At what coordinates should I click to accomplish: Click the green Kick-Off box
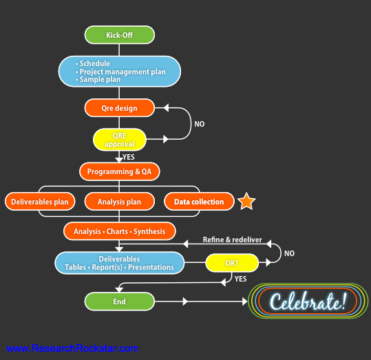tap(120, 35)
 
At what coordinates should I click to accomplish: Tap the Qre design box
tap(120, 108)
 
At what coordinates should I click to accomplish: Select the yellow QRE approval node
tap(120, 140)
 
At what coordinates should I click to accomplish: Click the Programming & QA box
tap(120, 171)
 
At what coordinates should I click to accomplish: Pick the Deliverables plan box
tap(40, 202)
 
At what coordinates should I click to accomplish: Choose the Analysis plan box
tap(120, 202)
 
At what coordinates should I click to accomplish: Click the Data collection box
tap(199, 202)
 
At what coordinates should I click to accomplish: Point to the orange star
tap(246, 202)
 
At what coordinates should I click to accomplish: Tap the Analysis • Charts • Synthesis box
tap(120, 231)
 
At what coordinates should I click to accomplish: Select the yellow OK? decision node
tap(232, 263)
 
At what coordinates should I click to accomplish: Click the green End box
tap(120, 301)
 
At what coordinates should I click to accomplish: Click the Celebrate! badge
tap(308, 301)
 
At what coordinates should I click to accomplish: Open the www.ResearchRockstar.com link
tap(72, 348)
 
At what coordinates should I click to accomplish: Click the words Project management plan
tap(123, 72)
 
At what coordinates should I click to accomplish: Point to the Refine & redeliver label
tap(233, 240)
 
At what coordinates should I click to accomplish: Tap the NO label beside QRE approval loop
tap(200, 124)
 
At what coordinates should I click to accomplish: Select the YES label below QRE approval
tap(129, 157)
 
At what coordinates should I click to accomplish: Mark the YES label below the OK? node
tap(241, 279)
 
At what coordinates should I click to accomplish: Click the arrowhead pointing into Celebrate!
tap(245, 301)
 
